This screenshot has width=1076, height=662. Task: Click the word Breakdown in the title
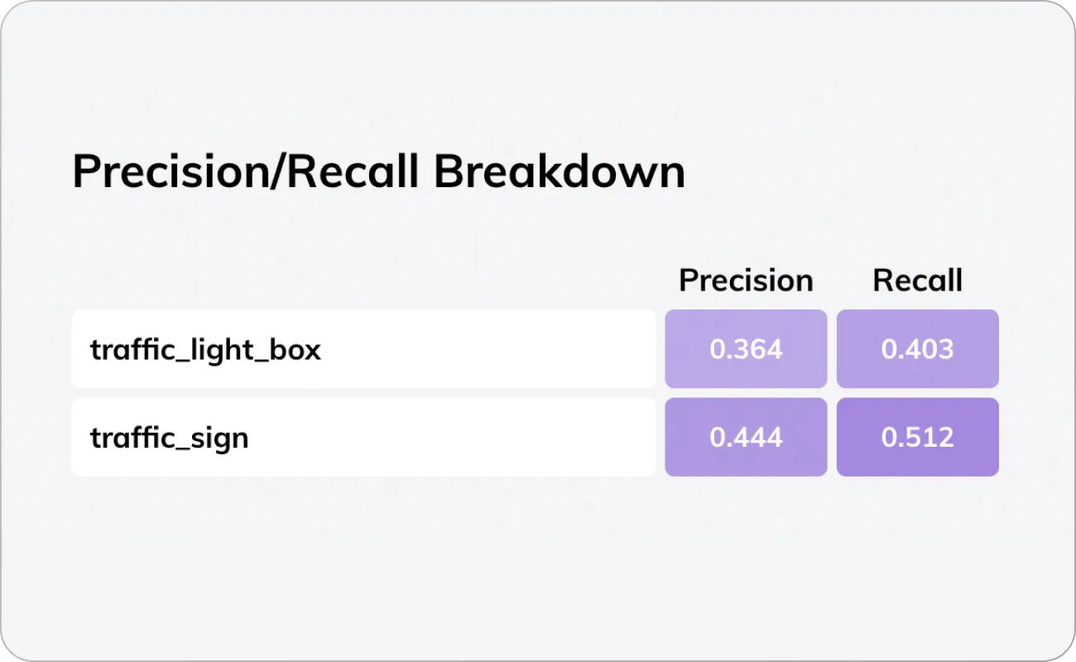pos(560,172)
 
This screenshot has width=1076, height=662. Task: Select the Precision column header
pos(746,281)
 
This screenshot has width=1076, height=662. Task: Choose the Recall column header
pos(917,281)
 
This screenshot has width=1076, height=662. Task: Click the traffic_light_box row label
pos(205,349)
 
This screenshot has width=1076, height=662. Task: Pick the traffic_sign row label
pos(169,437)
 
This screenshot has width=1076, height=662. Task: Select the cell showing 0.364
pos(746,349)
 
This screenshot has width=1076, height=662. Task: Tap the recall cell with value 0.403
pos(917,349)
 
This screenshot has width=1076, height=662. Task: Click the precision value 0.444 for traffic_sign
pos(746,437)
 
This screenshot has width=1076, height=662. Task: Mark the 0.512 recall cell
pos(917,437)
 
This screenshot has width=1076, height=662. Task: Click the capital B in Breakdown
pos(448,172)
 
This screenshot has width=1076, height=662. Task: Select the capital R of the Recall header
pos(882,281)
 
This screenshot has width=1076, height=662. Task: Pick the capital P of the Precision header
pos(687,281)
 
